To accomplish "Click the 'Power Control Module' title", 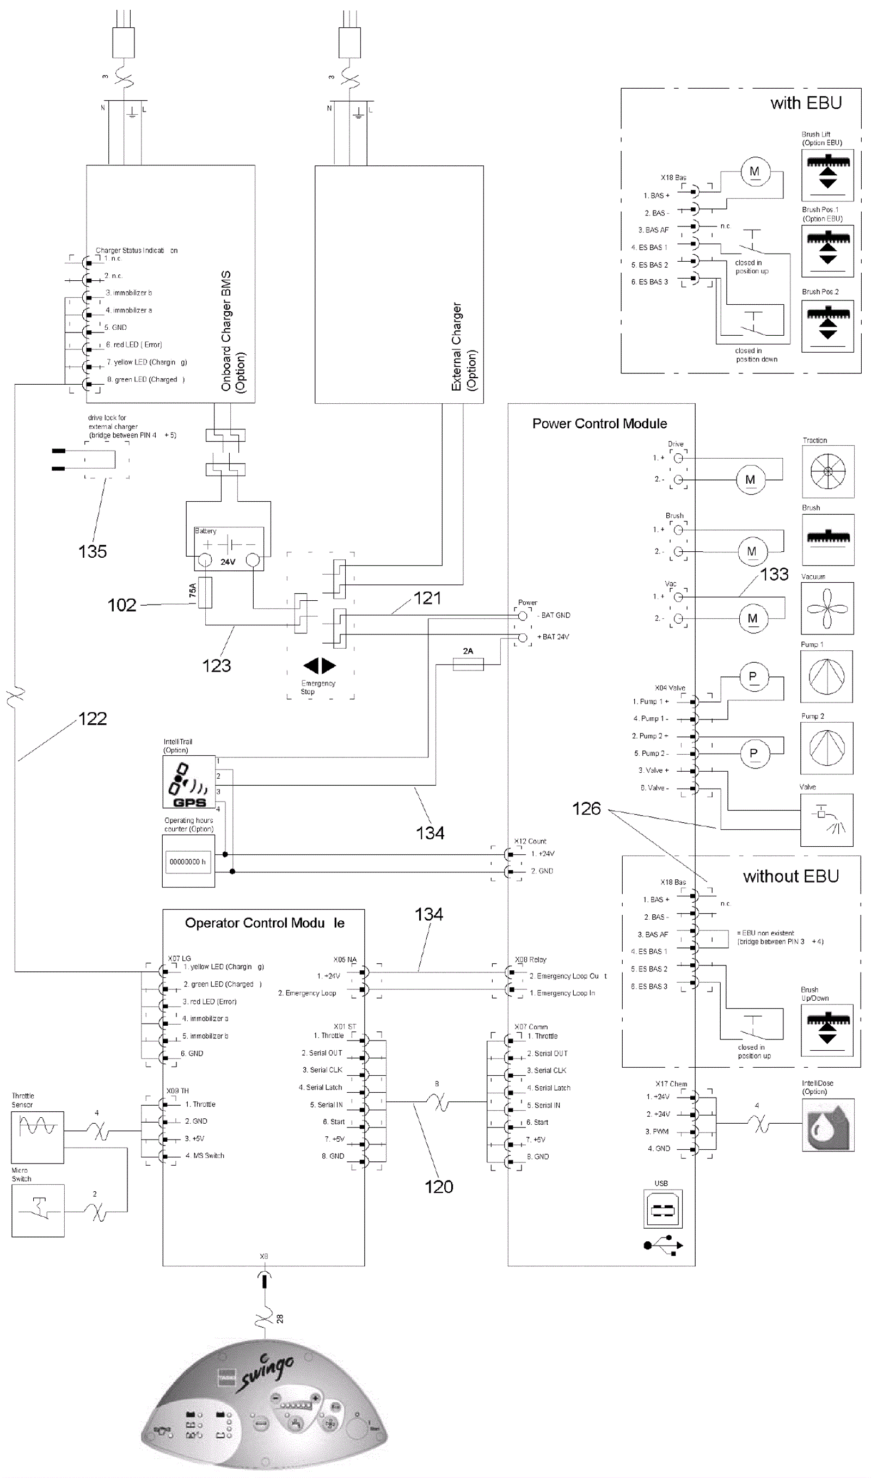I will pos(599,423).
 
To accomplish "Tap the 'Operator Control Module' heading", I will pos(264,923).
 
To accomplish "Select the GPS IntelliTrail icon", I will pos(188,782).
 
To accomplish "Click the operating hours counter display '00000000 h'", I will pos(188,862).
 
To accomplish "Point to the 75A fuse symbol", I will pos(205,593).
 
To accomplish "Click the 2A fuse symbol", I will pos(468,664).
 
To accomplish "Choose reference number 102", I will pos(121,605).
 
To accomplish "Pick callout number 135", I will pos(93,552).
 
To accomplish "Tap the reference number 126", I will pos(586,809).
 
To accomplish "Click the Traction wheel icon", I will pos(827,472).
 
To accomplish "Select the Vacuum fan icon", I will pos(827,608).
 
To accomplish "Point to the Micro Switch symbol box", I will pos(38,1211).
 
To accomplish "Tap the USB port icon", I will pos(662,1210).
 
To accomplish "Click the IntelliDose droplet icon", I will pos(827,1125).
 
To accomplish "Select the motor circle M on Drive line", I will pos(750,480).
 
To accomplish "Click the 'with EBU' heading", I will pos(806,103).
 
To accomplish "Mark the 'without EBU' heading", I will pos(790,877).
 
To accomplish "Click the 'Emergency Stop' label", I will pos(318,687).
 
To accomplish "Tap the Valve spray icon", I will pos(826,820).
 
